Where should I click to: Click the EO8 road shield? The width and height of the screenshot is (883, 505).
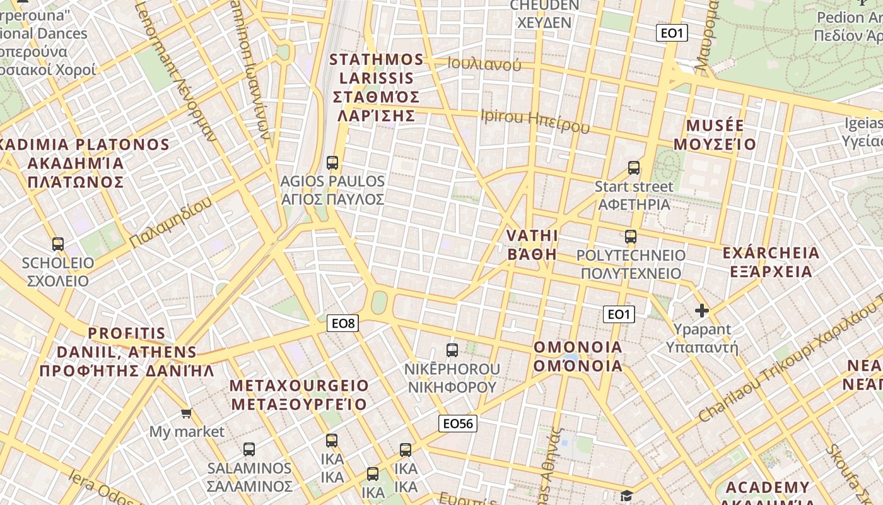click(x=344, y=324)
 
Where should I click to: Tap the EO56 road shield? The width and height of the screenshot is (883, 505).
click(x=458, y=424)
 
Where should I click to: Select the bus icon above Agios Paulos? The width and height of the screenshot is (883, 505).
click(x=332, y=163)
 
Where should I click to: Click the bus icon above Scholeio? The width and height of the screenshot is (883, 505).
click(x=58, y=244)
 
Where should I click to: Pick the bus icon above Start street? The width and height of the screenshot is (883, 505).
click(x=634, y=168)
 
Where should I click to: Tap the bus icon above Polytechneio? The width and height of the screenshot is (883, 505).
click(x=631, y=237)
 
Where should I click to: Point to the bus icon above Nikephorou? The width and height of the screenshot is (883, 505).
click(x=452, y=350)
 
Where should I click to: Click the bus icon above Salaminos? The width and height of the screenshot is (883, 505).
click(x=249, y=449)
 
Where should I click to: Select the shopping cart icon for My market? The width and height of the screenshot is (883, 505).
click(x=186, y=413)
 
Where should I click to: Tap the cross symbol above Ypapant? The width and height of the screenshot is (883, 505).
click(x=701, y=311)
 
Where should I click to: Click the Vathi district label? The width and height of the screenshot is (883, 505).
click(x=532, y=245)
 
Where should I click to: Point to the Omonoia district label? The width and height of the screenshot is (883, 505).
click(x=578, y=357)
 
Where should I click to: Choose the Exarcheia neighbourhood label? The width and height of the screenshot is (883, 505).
click(x=771, y=263)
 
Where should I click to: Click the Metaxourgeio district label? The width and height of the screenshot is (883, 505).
click(x=299, y=395)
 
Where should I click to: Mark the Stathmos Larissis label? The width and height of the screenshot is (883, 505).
click(x=377, y=88)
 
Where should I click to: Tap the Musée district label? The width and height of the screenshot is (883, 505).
click(x=715, y=135)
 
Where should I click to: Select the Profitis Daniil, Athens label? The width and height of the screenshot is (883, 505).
click(x=127, y=352)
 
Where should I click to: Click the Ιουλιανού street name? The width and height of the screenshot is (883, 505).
click(x=484, y=64)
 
